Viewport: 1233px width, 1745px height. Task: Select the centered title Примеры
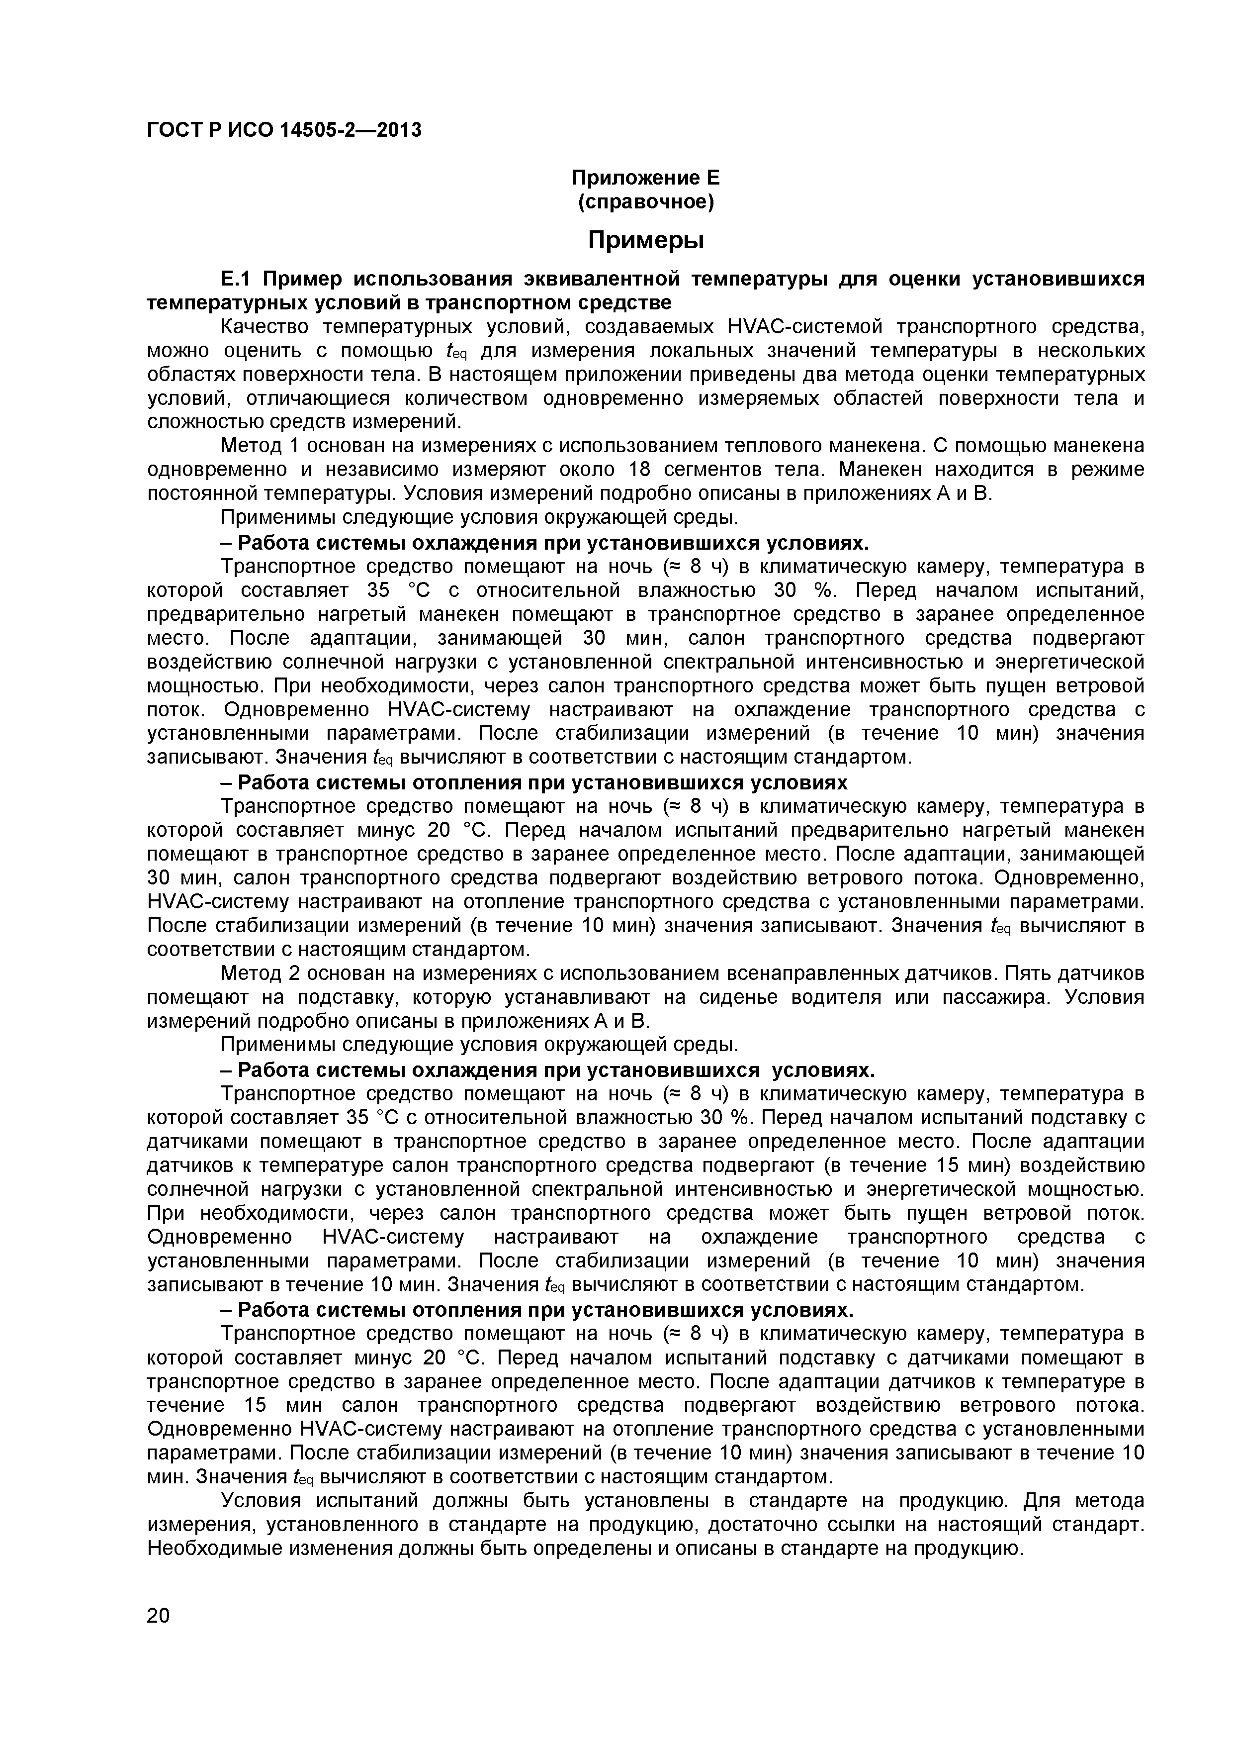click(646, 240)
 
